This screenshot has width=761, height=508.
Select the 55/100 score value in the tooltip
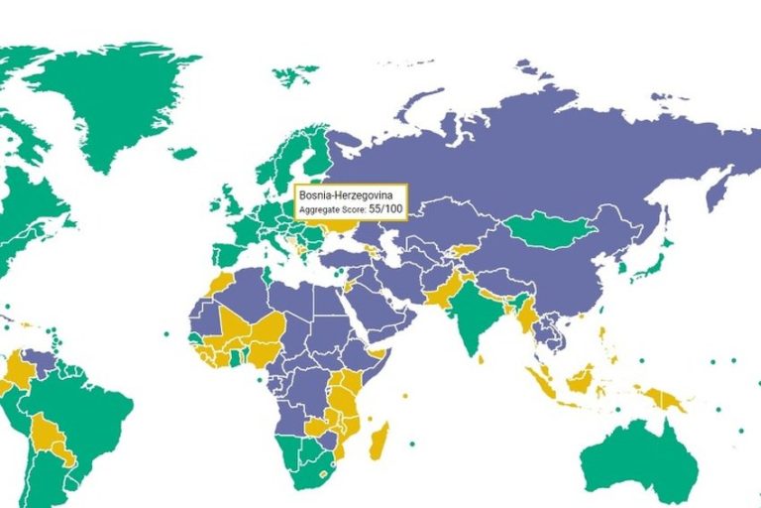(386, 210)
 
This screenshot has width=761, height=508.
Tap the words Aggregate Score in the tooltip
(331, 210)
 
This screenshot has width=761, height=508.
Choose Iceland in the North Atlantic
(183, 154)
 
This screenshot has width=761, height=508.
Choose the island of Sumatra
(541, 381)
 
